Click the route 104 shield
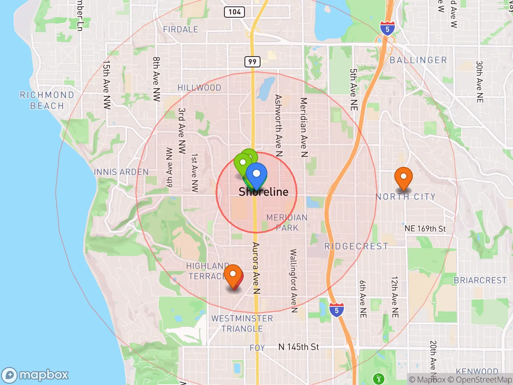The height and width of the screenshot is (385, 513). click(x=234, y=12)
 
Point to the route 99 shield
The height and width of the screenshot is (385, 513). click(x=252, y=61)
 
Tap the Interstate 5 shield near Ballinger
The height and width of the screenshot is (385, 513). click(x=387, y=29)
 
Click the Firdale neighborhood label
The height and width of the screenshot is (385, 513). click(x=181, y=29)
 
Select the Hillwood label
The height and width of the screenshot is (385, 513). click(x=199, y=87)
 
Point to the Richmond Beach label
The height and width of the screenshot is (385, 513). click(x=47, y=100)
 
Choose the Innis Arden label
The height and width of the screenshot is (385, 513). click(x=121, y=172)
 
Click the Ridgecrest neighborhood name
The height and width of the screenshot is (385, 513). click(x=356, y=246)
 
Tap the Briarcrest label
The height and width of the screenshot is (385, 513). click(x=480, y=280)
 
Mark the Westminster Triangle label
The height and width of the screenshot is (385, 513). click(x=242, y=324)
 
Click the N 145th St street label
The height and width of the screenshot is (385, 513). click(x=299, y=347)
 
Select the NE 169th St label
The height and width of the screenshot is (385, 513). click(x=425, y=229)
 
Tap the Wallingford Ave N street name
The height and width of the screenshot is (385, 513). click(x=293, y=281)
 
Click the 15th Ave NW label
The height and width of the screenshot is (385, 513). click(x=106, y=84)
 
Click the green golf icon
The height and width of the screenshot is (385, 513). click(x=378, y=378)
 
